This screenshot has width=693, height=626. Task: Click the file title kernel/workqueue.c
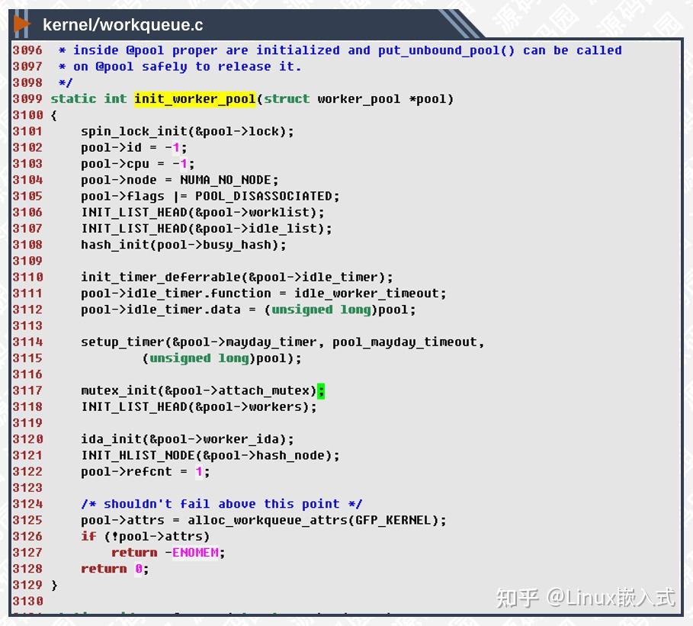(x=123, y=25)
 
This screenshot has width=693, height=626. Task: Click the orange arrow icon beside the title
(x=22, y=24)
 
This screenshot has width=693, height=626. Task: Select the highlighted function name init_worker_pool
(x=195, y=99)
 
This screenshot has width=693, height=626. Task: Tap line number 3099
(x=27, y=99)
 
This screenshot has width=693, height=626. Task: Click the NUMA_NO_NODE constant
(x=229, y=180)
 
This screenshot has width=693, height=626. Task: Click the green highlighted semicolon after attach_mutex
(x=321, y=390)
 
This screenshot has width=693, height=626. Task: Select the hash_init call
(x=111, y=245)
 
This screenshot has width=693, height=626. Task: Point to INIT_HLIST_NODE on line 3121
(x=138, y=455)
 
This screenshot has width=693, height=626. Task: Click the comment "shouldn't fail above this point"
(x=222, y=504)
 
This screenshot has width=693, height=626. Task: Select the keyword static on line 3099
(x=73, y=99)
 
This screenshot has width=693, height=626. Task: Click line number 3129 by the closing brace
(x=27, y=585)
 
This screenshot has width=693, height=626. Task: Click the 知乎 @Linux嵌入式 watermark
(x=586, y=597)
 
